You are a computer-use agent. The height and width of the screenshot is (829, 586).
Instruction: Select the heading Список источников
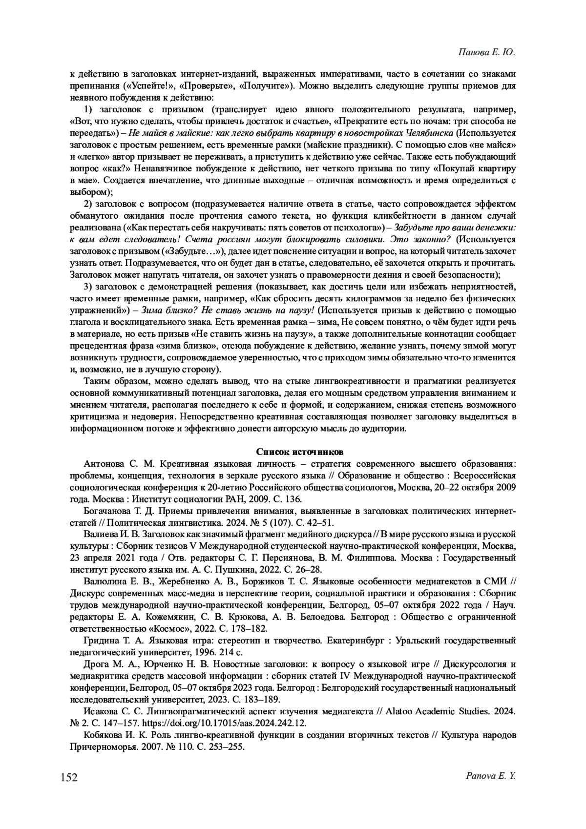point(293,451)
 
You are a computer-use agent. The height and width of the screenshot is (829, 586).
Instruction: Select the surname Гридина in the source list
point(100,640)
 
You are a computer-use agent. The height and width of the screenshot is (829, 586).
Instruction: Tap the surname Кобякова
point(104,735)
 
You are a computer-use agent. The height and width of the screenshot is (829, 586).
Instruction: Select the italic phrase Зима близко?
point(157,310)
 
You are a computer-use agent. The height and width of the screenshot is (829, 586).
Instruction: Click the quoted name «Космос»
point(167,628)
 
